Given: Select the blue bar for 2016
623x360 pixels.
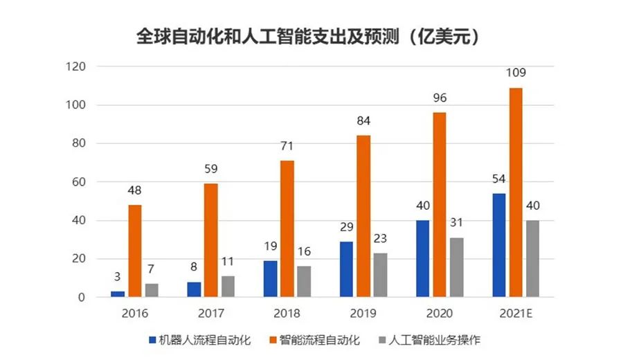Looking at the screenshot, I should tap(118, 294).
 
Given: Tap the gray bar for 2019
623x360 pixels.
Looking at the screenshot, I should tap(380, 275).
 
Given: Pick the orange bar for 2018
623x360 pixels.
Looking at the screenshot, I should tap(287, 228).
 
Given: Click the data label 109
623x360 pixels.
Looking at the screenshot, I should tap(516, 73).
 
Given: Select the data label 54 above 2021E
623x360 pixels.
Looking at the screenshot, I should tap(498, 179).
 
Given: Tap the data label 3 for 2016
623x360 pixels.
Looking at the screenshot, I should tap(118, 277).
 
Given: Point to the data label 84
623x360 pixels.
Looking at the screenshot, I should tap(363, 121).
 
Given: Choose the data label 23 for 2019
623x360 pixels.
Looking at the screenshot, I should tap(380, 238).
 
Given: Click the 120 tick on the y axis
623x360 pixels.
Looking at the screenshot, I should tap(75, 67).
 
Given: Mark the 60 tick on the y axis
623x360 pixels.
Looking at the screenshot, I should tap(78, 182).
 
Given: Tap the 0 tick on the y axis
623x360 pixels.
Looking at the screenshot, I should tap(81, 298).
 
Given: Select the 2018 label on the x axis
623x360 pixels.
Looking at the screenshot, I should tap(287, 314).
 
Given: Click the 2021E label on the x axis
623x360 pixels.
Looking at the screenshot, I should tap(516, 314).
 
